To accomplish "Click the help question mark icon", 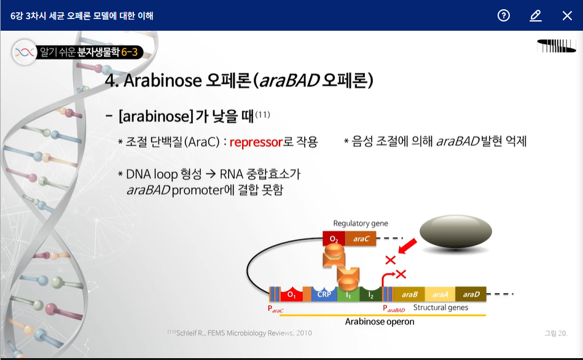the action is (503, 15).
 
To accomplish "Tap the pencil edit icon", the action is (536, 15).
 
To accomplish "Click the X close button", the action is (567, 15).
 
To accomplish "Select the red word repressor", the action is (256, 142).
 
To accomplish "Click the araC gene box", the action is (361, 238).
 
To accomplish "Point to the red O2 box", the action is (334, 238).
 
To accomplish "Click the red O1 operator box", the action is (291, 294).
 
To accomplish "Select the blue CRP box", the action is (324, 294).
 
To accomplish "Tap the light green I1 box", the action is (348, 294).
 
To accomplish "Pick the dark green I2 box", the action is (370, 294).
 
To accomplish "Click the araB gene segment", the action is (409, 294).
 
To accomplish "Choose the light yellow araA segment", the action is (440, 294).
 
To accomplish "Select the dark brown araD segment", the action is (471, 294).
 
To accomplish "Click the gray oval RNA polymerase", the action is (456, 232).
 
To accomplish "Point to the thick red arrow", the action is (407, 246).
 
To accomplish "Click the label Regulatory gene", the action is (360, 223).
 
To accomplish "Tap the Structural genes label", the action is (440, 308).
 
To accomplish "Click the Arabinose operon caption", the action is (379, 322).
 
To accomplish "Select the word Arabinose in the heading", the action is (162, 80).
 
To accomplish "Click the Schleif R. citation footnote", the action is (240, 333).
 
